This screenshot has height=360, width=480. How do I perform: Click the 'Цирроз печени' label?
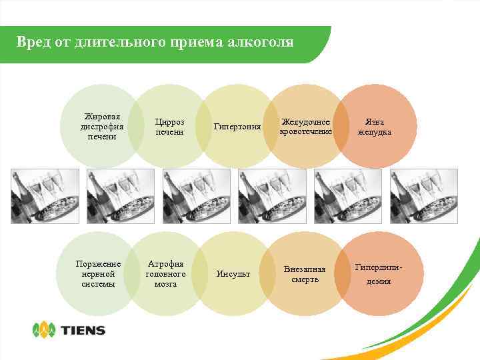169,127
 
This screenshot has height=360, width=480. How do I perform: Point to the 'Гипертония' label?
237,127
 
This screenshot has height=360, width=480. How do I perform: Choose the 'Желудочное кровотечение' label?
306,127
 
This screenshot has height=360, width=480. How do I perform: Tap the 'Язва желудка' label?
374,127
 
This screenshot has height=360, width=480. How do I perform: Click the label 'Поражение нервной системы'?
99,274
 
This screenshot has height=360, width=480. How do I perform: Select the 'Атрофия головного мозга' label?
165,274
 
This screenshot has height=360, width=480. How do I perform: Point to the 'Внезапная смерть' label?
305,274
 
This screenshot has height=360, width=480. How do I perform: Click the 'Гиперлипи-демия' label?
377,274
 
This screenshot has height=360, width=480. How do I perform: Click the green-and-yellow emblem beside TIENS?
45,329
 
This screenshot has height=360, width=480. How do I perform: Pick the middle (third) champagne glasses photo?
197,196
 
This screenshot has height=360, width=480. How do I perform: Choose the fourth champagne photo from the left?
272,196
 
